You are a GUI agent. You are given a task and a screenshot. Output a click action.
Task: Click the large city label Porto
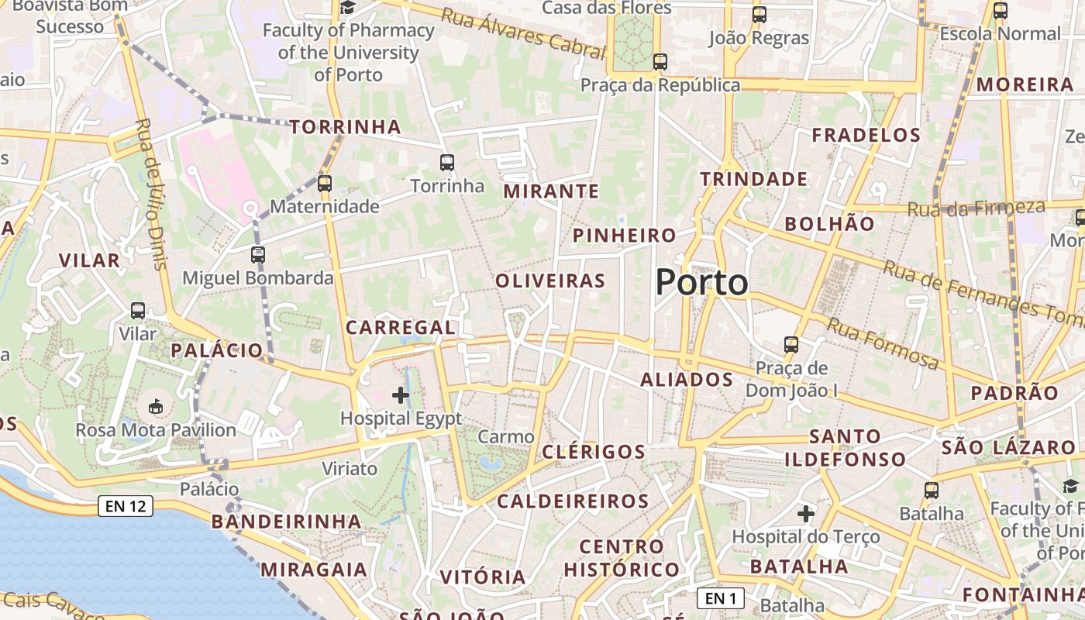click(x=701, y=282)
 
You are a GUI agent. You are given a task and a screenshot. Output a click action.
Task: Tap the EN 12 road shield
click(x=126, y=507)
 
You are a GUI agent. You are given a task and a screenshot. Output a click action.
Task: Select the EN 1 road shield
click(x=721, y=598)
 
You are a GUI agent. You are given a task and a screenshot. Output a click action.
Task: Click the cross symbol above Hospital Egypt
click(x=401, y=396)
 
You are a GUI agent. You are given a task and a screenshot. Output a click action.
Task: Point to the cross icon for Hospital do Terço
click(x=806, y=513)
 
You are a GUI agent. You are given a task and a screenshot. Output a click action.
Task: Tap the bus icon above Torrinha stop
click(x=446, y=163)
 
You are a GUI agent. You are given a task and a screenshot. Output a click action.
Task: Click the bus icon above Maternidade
click(x=325, y=184)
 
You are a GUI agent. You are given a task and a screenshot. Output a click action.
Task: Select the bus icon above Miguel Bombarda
click(x=258, y=255)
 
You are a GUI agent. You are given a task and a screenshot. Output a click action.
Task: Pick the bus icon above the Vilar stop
click(x=138, y=311)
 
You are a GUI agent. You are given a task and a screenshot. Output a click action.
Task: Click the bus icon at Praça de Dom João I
click(x=791, y=345)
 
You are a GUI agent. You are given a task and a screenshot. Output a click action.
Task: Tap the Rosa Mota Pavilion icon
click(x=156, y=406)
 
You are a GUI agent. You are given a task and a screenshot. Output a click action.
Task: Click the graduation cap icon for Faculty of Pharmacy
click(x=348, y=8)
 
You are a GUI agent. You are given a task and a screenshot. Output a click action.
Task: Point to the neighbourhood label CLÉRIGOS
click(x=594, y=452)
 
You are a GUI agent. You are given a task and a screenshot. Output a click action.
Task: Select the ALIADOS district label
click(x=687, y=379)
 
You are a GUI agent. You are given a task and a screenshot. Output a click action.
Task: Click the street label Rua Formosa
click(x=883, y=343)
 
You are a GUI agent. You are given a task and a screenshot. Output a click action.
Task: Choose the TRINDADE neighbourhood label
click(x=754, y=180)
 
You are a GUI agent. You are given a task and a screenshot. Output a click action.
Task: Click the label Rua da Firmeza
click(x=976, y=208)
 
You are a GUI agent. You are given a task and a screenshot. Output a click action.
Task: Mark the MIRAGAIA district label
click(x=313, y=570)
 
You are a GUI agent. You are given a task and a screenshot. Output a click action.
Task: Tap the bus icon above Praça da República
click(x=660, y=62)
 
